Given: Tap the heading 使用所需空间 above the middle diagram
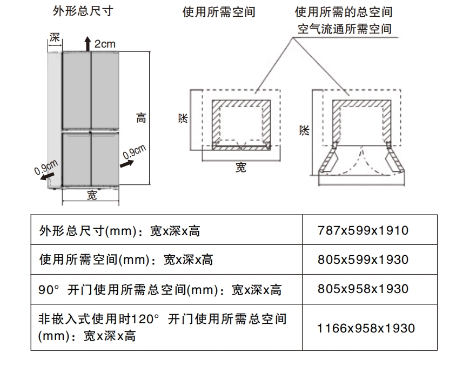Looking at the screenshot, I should coord(219,12).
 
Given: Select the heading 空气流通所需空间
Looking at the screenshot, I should coord(344,29).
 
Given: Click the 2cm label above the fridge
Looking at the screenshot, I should coord(105,44).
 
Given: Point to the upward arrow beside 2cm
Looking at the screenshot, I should coord(87,43).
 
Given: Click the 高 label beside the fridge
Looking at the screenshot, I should coord(141,118).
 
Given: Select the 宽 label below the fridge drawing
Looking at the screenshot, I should coord(92,196).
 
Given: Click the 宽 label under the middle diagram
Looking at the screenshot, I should coord(240,168).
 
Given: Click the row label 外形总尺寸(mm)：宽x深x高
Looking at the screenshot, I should coord(120,231).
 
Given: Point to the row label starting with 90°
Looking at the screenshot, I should coord(160,289).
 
